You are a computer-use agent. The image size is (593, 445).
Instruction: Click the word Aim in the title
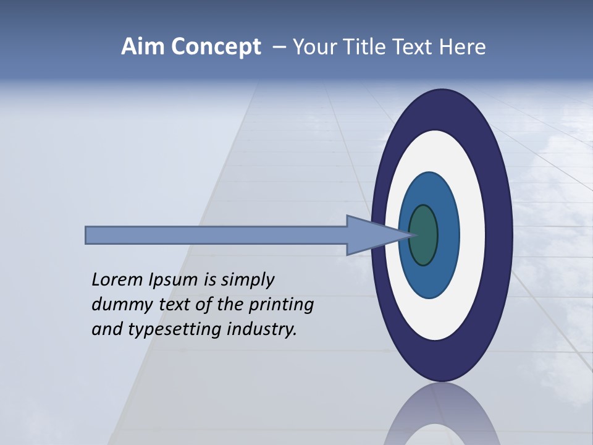(x=143, y=47)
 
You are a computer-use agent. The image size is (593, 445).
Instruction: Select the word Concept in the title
(x=215, y=47)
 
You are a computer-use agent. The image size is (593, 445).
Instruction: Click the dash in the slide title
(x=279, y=47)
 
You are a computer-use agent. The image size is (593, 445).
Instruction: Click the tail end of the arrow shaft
(x=86, y=235)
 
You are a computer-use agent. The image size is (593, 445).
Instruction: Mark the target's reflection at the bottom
(x=441, y=417)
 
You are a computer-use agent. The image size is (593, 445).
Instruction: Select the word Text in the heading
(x=415, y=47)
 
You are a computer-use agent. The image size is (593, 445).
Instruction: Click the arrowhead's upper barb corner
(x=348, y=216)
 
